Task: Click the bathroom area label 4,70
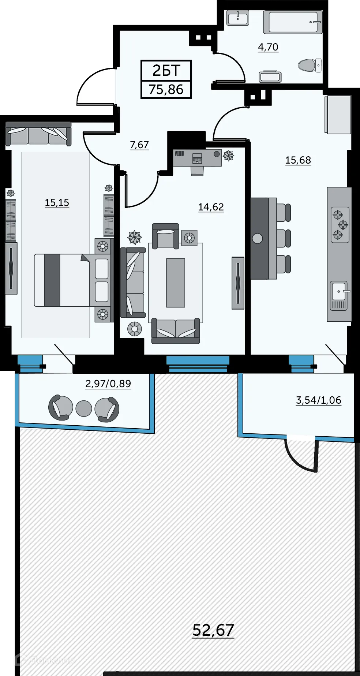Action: click(x=268, y=47)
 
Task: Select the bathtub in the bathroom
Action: click(x=295, y=22)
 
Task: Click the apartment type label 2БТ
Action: click(x=166, y=70)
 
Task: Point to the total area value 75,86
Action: click(x=166, y=89)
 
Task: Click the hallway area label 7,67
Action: click(x=139, y=145)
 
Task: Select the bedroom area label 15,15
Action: click(x=57, y=202)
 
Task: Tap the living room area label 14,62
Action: click(x=211, y=207)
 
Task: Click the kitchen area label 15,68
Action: click(x=298, y=160)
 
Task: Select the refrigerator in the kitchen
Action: click(x=338, y=115)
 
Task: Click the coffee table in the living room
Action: click(x=176, y=283)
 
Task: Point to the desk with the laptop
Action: click(x=197, y=158)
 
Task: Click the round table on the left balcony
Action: click(x=84, y=408)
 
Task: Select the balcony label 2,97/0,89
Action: click(x=108, y=384)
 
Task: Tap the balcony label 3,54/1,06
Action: click(x=318, y=400)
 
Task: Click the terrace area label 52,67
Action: click(x=213, y=630)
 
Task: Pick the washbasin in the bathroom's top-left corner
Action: click(x=238, y=18)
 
